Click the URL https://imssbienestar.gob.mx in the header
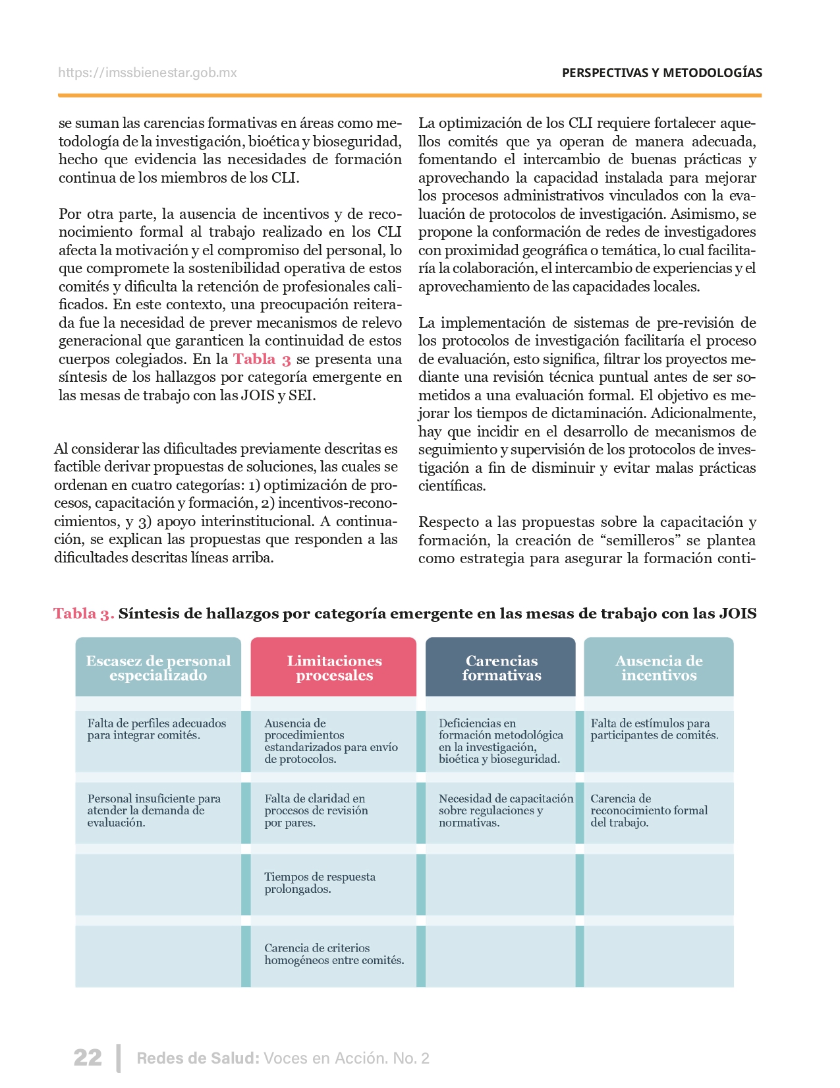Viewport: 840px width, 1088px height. pos(147,73)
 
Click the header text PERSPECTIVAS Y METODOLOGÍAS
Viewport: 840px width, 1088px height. pos(661,73)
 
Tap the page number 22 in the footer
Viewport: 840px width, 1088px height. pos(88,1058)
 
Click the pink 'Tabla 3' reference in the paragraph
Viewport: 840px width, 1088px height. pos(262,359)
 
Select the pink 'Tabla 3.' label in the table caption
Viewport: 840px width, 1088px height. pos(84,613)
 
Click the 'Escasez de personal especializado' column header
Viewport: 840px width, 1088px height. pos(158,667)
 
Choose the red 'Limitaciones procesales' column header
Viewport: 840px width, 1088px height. pos(334,667)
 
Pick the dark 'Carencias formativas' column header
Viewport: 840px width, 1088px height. pos(501,667)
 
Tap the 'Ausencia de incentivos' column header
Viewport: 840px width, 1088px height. pos(659,667)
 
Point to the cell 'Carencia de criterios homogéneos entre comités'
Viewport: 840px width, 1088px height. pos(334,954)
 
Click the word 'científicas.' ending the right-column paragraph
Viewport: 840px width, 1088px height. pos(452,487)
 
